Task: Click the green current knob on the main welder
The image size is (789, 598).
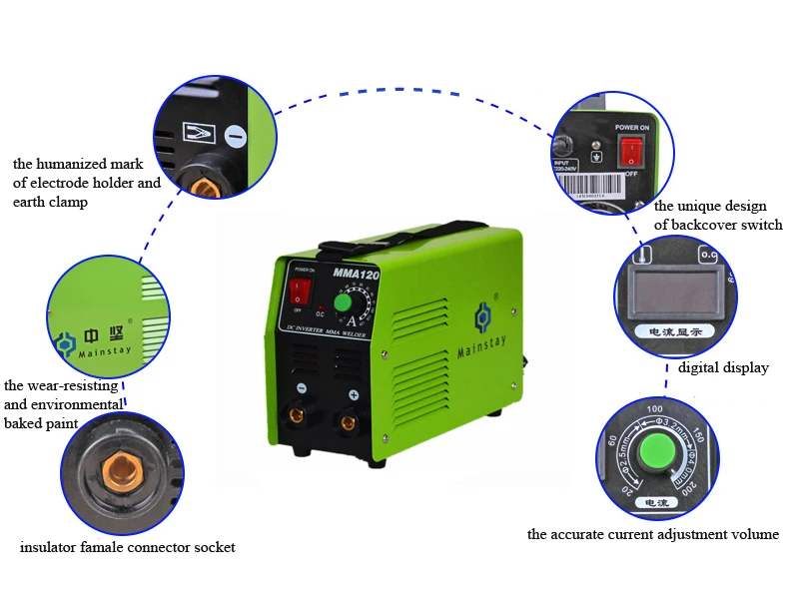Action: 343,301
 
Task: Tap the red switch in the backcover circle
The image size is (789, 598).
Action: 631,152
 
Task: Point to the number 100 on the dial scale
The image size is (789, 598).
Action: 656,408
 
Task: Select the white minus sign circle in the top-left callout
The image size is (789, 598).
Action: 236,135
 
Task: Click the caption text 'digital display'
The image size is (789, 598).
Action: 723,367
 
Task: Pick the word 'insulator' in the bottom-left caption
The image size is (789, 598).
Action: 48,547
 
